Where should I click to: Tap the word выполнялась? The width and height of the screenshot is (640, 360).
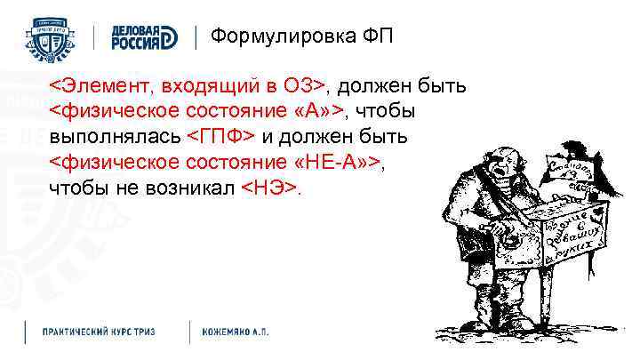pyautogui.click(x=115, y=136)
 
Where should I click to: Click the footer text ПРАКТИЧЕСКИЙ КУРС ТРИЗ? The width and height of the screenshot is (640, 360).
pyautogui.click(x=99, y=331)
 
